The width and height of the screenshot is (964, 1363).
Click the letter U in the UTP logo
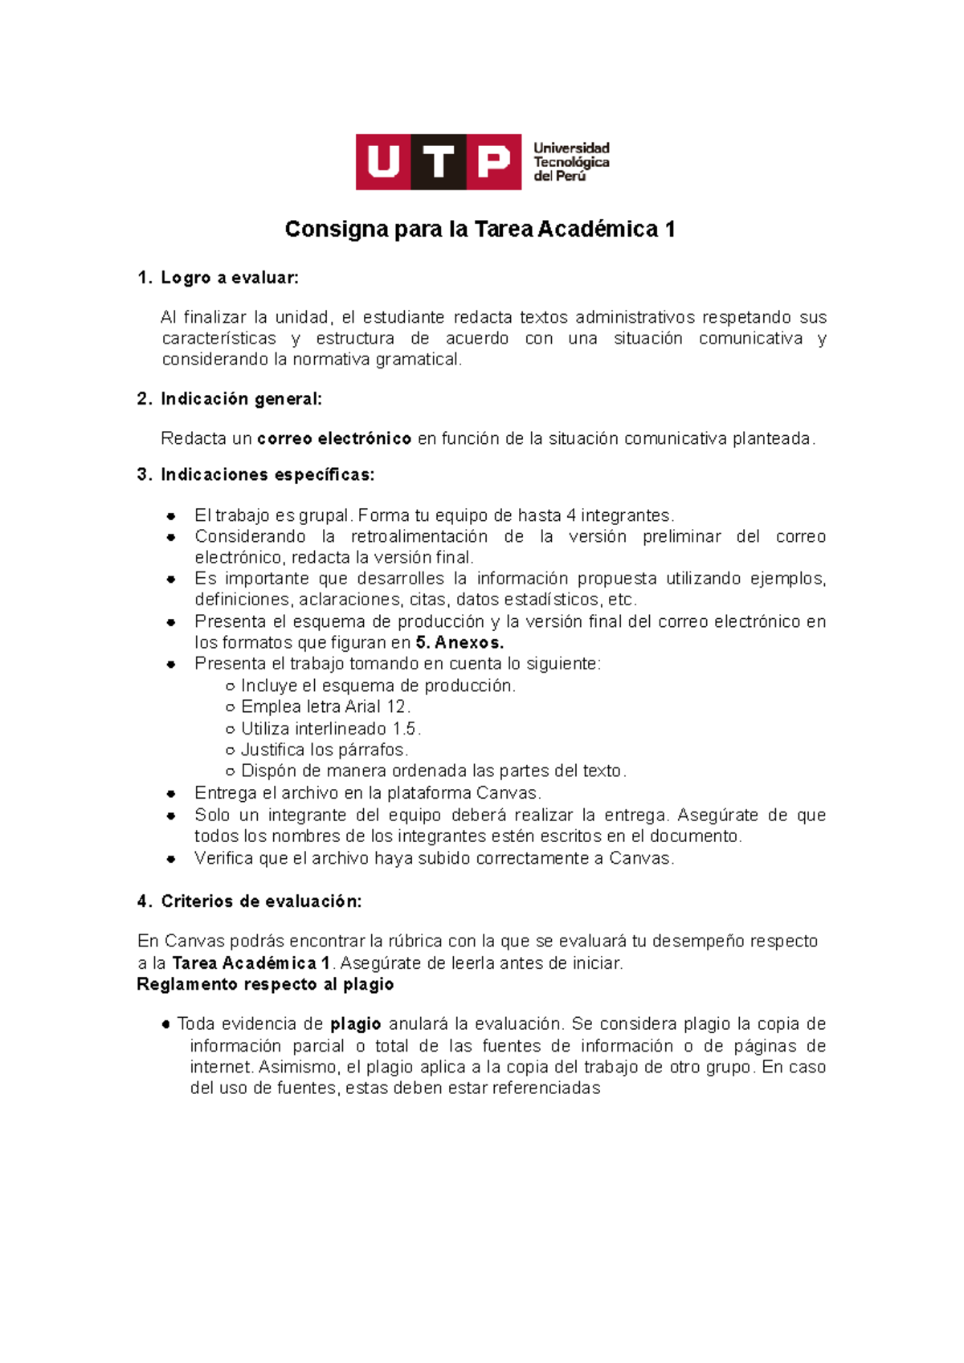pyautogui.click(x=383, y=162)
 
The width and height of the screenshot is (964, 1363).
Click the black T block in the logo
pyautogui.click(x=439, y=162)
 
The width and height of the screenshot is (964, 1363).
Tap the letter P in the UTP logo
pyautogui.click(x=493, y=162)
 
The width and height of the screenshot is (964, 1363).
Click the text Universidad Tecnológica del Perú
pyautogui.click(x=571, y=162)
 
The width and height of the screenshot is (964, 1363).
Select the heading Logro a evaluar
pyautogui.click(x=229, y=278)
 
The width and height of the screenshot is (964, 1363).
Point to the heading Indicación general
pyautogui.click(x=241, y=399)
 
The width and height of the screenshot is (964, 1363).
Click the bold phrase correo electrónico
pyautogui.click(x=334, y=438)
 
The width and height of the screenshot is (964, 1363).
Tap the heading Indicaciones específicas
pyautogui.click(x=268, y=474)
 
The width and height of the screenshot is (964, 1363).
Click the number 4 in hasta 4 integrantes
pyautogui.click(x=571, y=515)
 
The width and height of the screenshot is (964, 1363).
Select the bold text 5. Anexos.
pyautogui.click(x=460, y=642)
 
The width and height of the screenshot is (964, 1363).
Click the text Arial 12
pyautogui.click(x=375, y=706)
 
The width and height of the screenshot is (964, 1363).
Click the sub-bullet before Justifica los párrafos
pyautogui.click(x=231, y=751)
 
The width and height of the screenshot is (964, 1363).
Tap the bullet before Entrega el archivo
pyautogui.click(x=171, y=794)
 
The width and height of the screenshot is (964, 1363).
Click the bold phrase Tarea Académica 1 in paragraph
pyautogui.click(x=251, y=963)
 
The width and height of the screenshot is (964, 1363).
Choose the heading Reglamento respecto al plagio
pyautogui.click(x=265, y=984)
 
